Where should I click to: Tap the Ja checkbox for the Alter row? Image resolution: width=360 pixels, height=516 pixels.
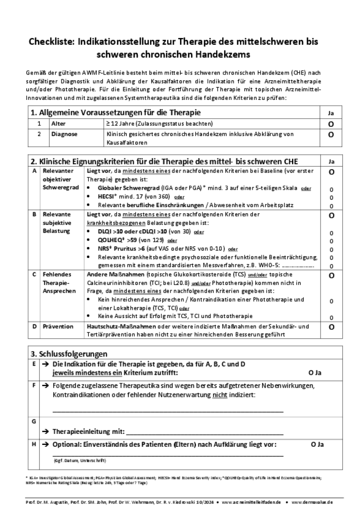click(x=331, y=124)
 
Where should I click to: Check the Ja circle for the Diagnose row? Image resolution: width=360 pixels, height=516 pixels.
click(x=331, y=135)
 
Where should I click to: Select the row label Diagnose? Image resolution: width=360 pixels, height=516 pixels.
click(x=64, y=135)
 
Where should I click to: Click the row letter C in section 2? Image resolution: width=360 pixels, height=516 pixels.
click(x=34, y=274)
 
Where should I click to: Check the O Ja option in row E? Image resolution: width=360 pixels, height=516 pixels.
click(x=314, y=372)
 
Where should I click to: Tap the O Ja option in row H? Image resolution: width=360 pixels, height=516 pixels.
click(x=317, y=444)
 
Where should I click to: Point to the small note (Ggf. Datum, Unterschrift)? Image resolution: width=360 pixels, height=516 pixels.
click(x=79, y=461)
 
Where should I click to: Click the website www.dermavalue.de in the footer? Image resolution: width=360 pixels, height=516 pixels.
click(x=312, y=502)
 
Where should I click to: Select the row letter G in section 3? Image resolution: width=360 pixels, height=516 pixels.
click(x=34, y=421)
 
